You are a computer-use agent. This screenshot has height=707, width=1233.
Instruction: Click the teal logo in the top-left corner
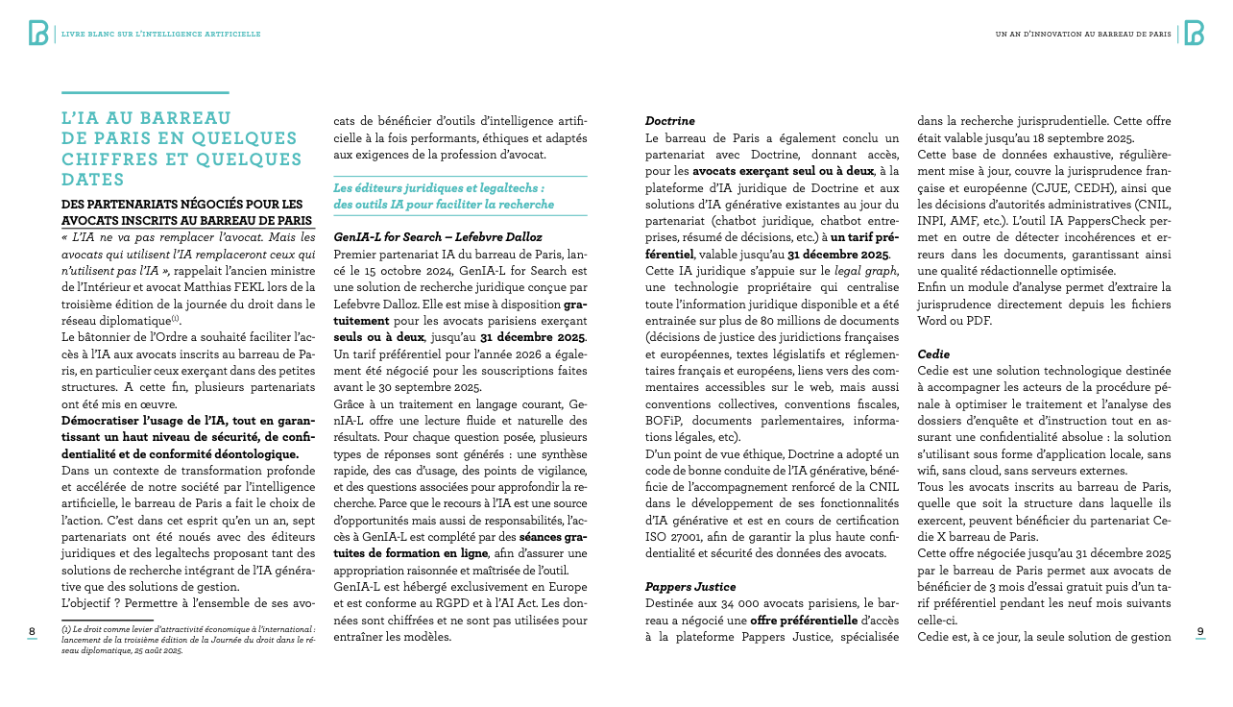click(38, 33)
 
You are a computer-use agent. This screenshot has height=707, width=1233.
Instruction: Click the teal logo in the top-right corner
click(1194, 33)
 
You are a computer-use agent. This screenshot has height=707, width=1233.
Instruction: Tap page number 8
click(32, 631)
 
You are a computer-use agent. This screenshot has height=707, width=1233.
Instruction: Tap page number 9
click(1200, 631)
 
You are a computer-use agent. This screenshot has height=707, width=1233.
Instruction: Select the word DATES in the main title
click(92, 180)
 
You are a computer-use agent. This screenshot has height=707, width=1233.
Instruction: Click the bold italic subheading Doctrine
click(669, 121)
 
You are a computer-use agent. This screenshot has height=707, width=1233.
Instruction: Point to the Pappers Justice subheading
click(689, 586)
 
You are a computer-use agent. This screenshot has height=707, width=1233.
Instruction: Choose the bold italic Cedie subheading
click(932, 353)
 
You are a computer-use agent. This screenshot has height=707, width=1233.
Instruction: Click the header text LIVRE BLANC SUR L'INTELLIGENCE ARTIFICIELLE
click(160, 34)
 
